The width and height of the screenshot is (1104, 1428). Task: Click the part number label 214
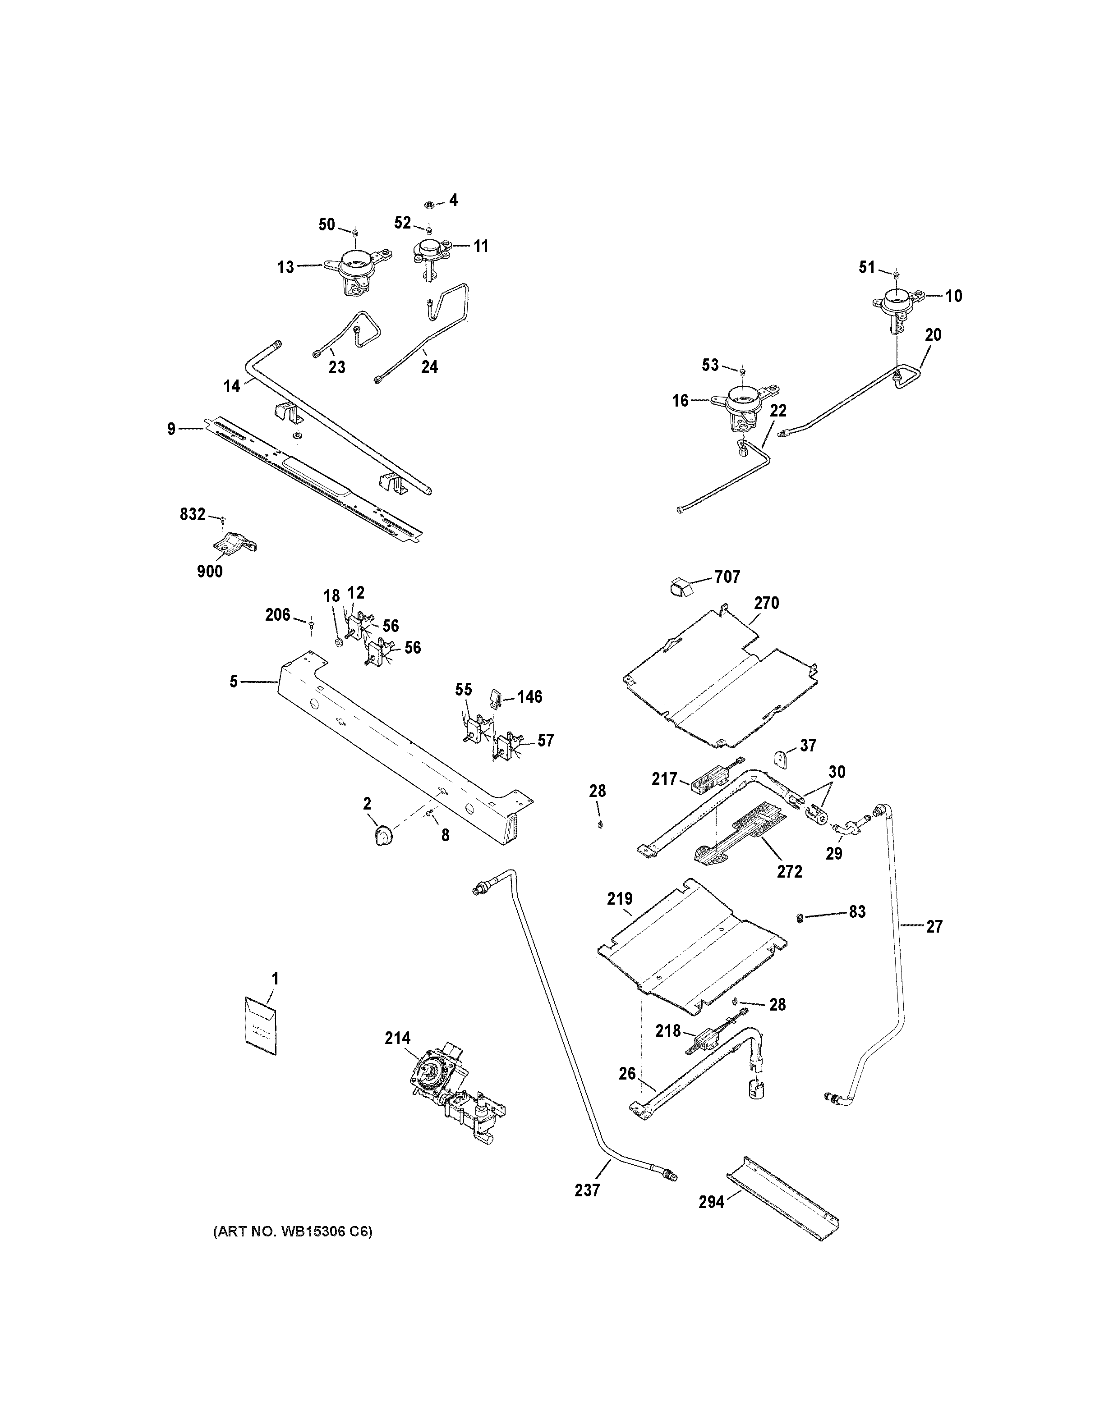[x=398, y=1038]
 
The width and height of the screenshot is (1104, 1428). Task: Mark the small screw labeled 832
[x=223, y=519]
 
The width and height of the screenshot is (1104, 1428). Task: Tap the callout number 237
[x=587, y=1190]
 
